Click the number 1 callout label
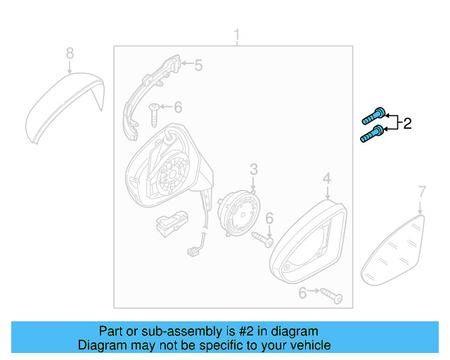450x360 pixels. point(237,35)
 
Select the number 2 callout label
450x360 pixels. point(406,124)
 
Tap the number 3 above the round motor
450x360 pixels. point(253,169)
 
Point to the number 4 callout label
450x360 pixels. point(327,181)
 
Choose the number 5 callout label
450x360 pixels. point(198,65)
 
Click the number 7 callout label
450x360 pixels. point(422,191)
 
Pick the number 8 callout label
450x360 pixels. point(69,53)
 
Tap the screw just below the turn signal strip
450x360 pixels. point(154,110)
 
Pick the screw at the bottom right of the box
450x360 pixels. point(330,296)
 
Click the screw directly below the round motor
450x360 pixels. point(264,240)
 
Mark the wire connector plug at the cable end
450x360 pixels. point(191,250)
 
